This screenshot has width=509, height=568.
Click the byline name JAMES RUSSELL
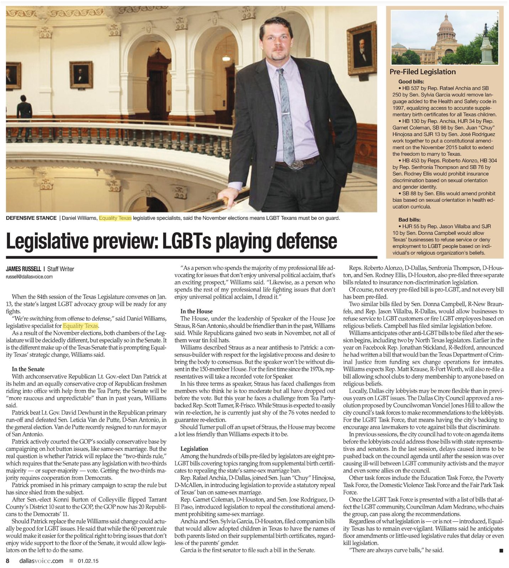coord(23,269)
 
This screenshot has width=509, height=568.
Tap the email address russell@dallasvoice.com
coord(29,277)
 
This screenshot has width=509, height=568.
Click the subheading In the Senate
coord(28,369)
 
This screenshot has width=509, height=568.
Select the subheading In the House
coord(196,311)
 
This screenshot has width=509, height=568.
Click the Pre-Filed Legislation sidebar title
coord(423,72)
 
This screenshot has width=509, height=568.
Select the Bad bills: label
coord(409,220)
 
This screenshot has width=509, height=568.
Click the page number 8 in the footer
coord(8,561)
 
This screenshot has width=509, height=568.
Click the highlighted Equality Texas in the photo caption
coord(115,218)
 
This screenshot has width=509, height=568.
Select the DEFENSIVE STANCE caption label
coord(31,218)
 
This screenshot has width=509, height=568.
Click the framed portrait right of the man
coord(362,48)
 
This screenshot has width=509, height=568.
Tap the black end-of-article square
coord(501,551)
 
